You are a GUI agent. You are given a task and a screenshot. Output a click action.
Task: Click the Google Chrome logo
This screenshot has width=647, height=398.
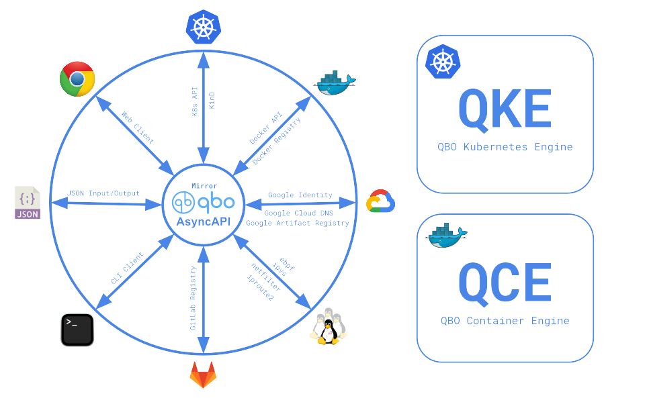tap(77, 79)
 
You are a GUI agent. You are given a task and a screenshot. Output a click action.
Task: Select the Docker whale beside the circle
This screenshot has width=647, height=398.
tap(334, 83)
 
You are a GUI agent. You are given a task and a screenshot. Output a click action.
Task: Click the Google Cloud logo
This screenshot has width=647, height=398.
tap(380, 202)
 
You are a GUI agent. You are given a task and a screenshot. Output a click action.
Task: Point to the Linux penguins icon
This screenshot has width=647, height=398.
tap(328, 326)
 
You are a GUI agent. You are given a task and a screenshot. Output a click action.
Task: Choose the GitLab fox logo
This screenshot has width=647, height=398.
tap(203, 375)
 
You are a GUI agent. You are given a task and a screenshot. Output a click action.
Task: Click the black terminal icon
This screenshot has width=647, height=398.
tap(77, 330)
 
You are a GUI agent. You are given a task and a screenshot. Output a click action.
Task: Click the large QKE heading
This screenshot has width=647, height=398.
tap(505, 109)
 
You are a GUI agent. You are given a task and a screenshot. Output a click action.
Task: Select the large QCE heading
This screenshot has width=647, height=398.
tap(505, 283)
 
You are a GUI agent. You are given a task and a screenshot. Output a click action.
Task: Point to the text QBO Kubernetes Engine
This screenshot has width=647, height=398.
tap(505, 146)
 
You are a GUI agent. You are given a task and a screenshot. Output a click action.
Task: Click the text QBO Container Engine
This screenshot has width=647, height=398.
tap(505, 320)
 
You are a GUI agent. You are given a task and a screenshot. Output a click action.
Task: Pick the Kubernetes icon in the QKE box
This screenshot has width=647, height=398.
tap(442, 62)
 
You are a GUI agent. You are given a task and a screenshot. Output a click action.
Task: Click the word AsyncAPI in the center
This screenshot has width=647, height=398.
tap(203, 222)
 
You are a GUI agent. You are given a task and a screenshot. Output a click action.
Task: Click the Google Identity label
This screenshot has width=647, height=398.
tap(300, 195)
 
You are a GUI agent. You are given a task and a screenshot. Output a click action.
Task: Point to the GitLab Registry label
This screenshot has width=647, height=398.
tap(193, 297)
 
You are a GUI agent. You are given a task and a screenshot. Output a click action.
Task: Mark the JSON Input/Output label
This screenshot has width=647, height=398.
tap(103, 193)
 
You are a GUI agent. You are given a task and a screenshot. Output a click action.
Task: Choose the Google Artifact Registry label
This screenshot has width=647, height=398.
tap(298, 223)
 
